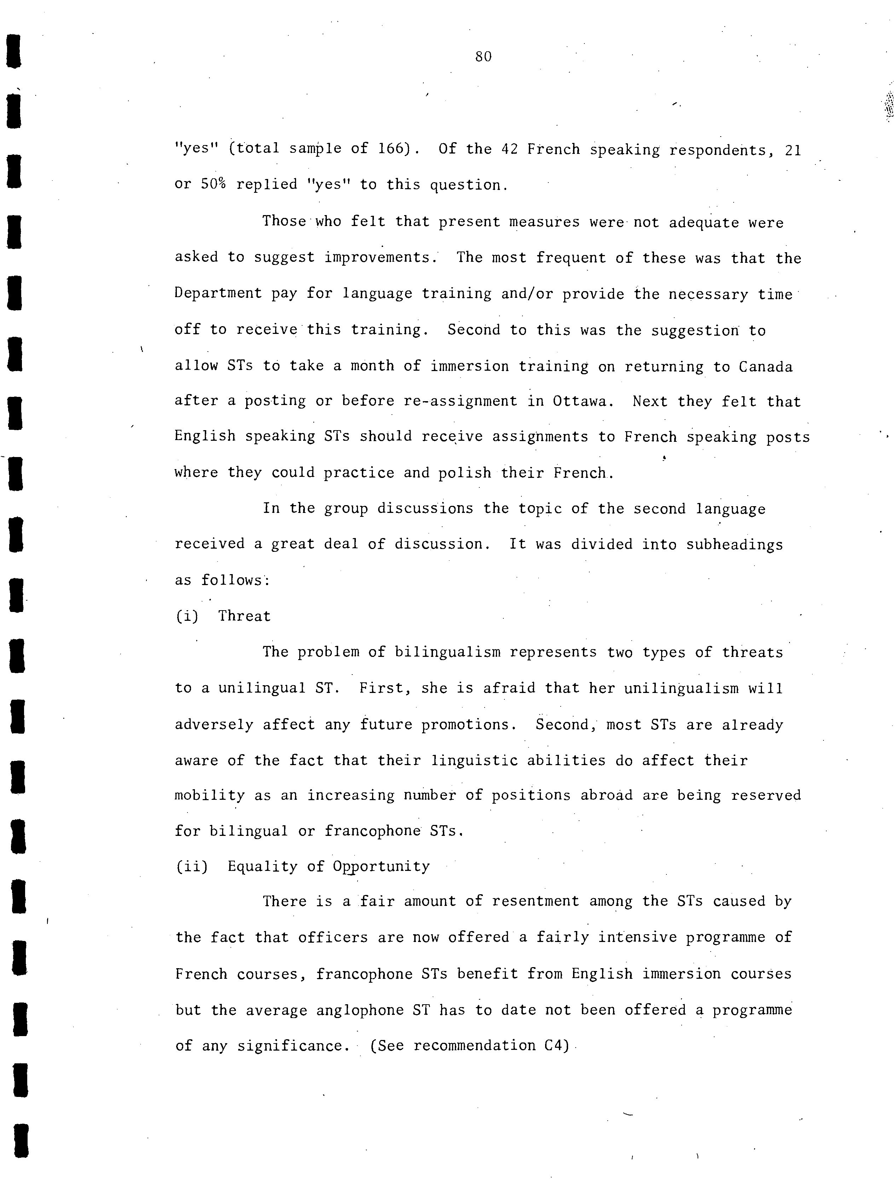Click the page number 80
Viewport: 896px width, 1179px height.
(483, 57)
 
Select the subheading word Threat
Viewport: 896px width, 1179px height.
(244, 617)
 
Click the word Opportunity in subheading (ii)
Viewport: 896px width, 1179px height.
(381, 867)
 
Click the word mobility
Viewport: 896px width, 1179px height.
(210, 796)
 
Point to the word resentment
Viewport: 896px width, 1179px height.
(535, 902)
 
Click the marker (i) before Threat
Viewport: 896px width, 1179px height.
(187, 617)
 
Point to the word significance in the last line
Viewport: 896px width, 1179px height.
(290, 1046)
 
